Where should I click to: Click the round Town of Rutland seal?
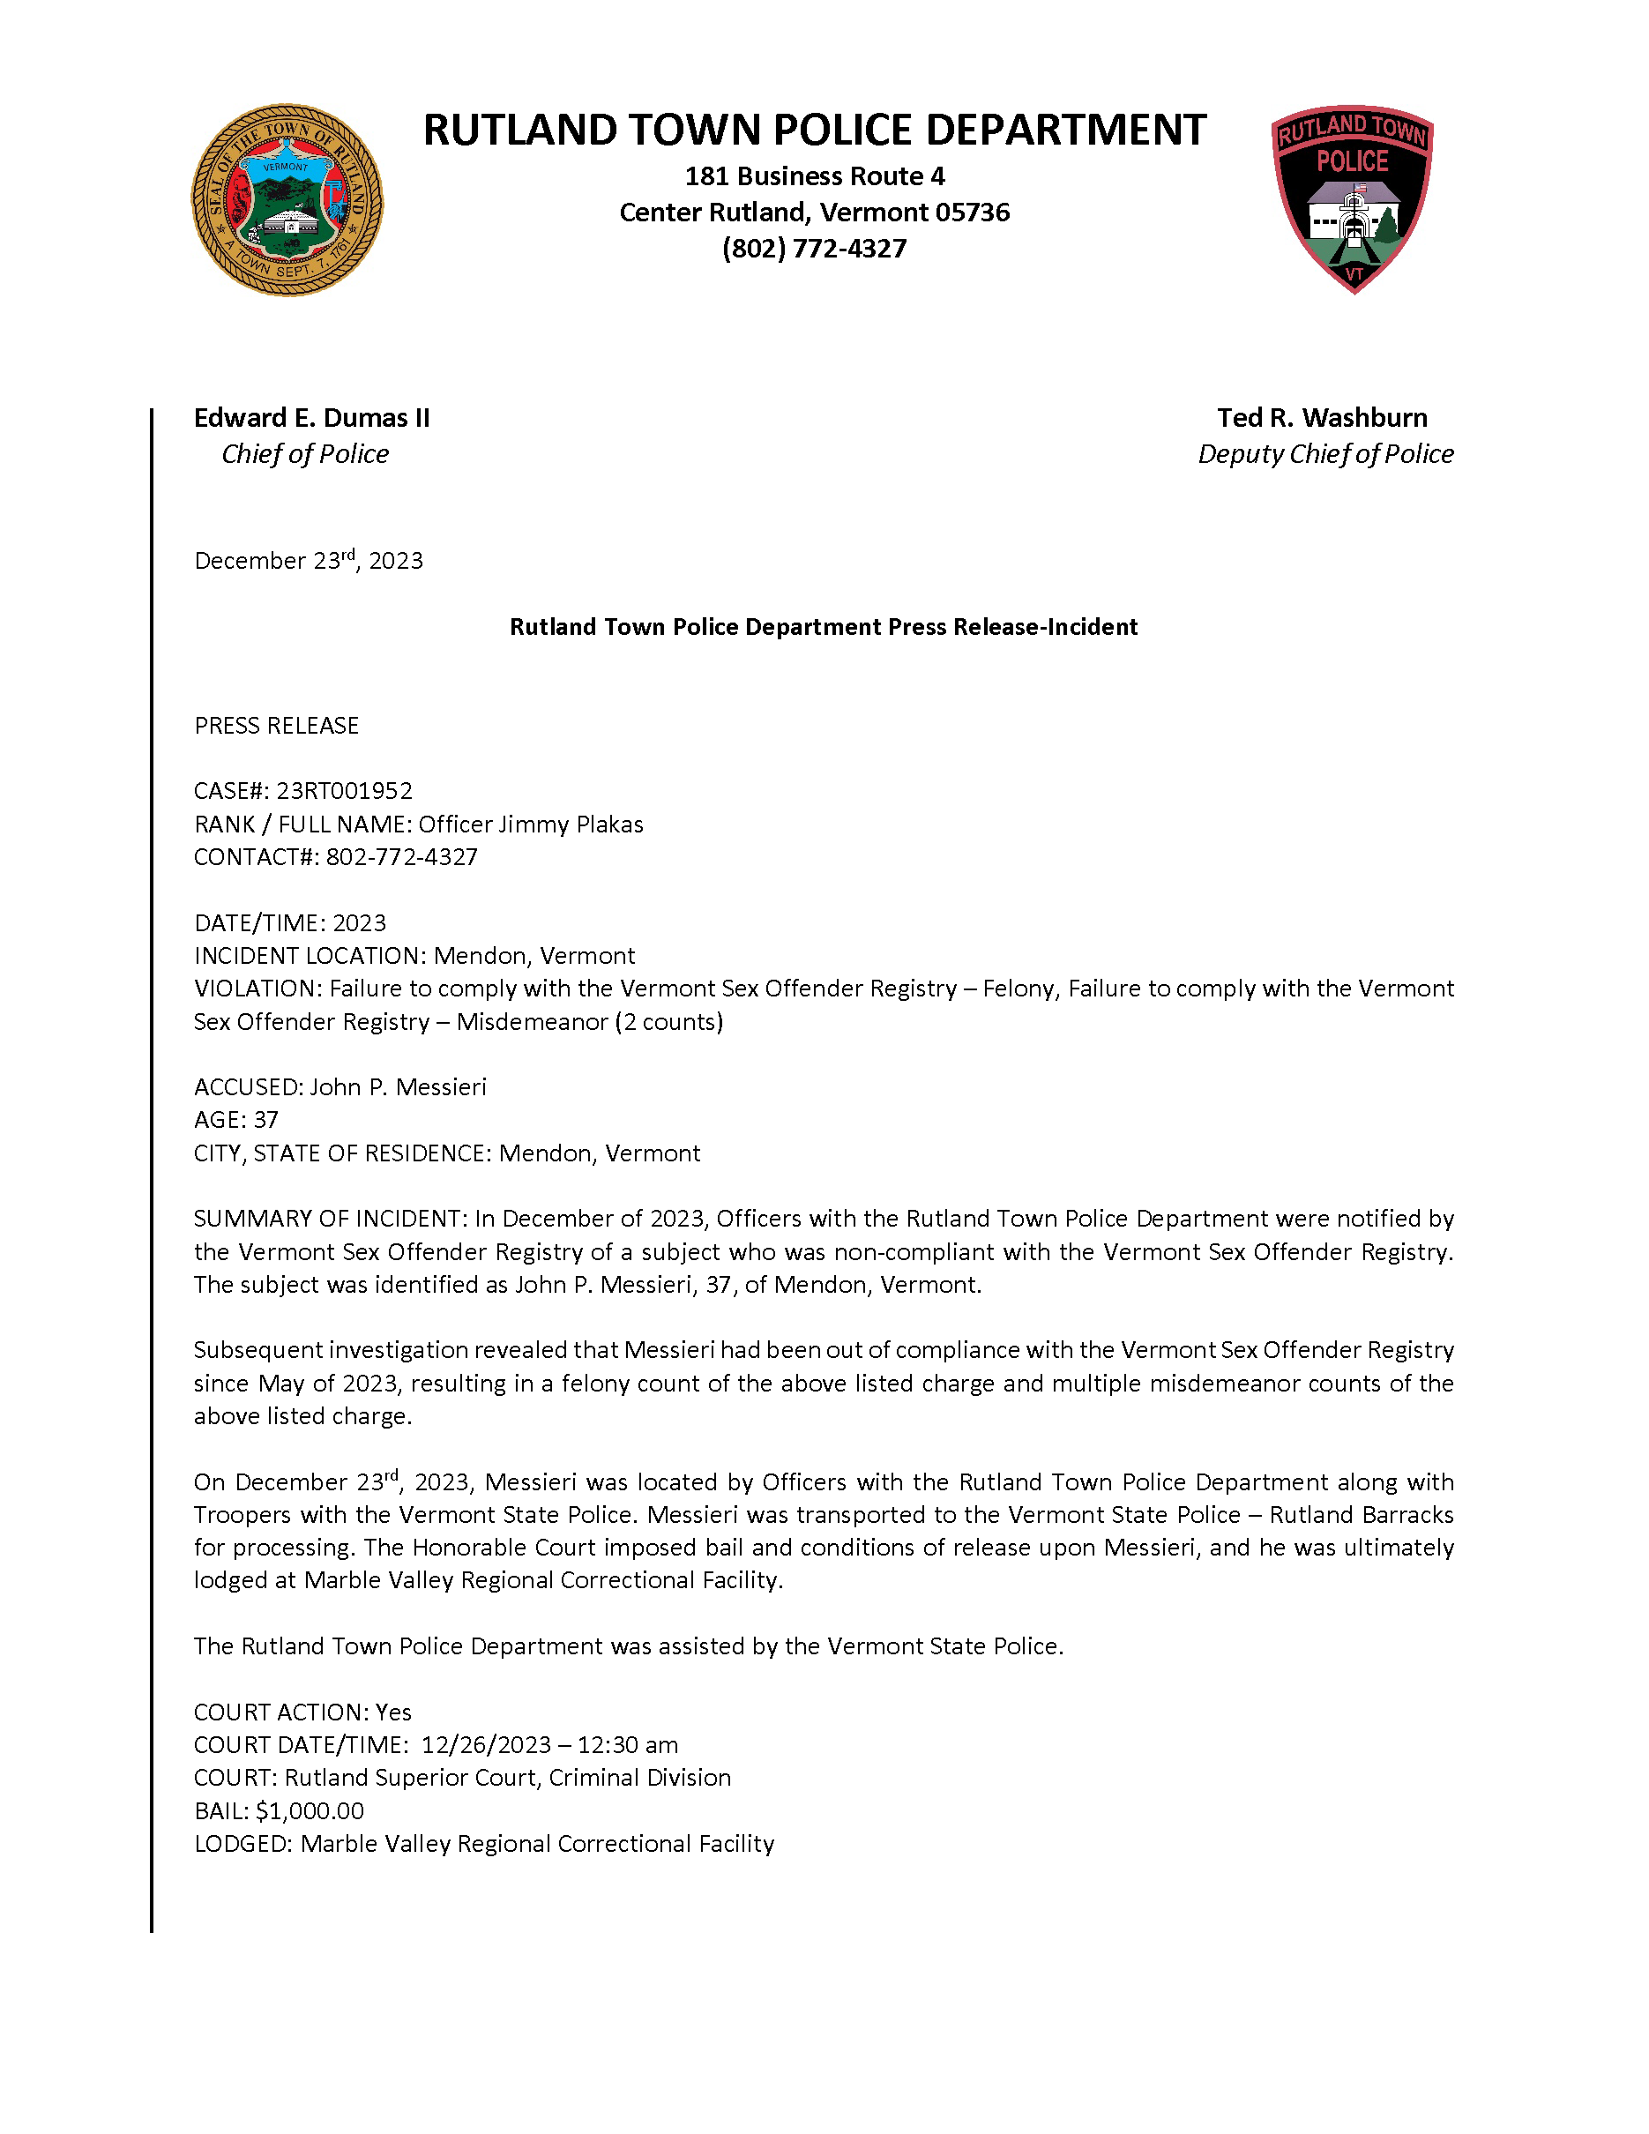tap(287, 200)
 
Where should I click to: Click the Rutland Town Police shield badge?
tap(1352, 198)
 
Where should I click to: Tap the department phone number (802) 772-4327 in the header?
tap(814, 250)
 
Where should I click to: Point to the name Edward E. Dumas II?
tap(311, 418)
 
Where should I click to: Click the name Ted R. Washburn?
tap(1322, 418)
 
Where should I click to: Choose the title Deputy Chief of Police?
tap(1325, 454)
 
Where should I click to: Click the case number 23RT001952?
tap(345, 790)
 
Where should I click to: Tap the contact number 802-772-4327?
tap(401, 858)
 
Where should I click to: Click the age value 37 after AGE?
tap(265, 1120)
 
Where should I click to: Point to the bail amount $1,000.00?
tap(310, 1810)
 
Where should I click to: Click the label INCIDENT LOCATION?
tap(310, 956)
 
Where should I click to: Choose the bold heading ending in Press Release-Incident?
tap(824, 627)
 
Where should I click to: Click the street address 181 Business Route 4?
tap(815, 177)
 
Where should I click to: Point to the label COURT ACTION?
tap(281, 1712)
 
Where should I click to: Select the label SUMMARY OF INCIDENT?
tap(329, 1220)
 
